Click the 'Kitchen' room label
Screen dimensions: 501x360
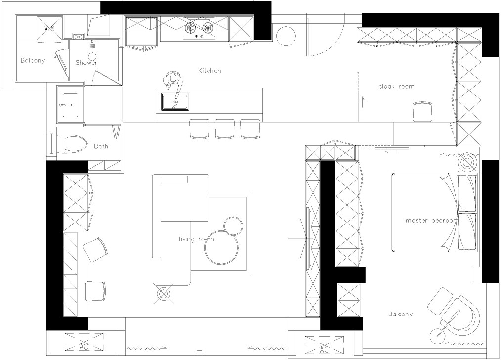pyautogui.click(x=209, y=71)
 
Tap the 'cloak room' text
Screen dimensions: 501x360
pyautogui.click(x=396, y=86)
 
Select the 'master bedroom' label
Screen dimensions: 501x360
pyautogui.click(x=431, y=220)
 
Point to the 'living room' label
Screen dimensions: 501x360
pyautogui.click(x=196, y=239)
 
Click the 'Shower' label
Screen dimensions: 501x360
pyautogui.click(x=86, y=63)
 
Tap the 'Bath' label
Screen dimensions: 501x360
pyautogui.click(x=101, y=146)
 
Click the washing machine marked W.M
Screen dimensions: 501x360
pyautogui.click(x=49, y=29)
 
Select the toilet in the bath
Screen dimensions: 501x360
pyautogui.click(x=72, y=144)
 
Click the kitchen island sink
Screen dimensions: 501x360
pyautogui.click(x=175, y=102)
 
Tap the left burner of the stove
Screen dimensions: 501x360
pyautogui.click(x=190, y=28)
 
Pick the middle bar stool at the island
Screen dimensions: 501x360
pyautogui.click(x=225, y=129)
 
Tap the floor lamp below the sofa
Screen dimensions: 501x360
pyautogui.click(x=163, y=294)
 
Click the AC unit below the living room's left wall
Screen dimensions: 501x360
pyautogui.click(x=84, y=342)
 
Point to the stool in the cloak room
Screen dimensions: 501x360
pyautogui.click(x=422, y=112)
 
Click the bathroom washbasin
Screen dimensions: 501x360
pyautogui.click(x=70, y=105)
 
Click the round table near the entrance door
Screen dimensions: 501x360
pyautogui.click(x=286, y=36)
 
